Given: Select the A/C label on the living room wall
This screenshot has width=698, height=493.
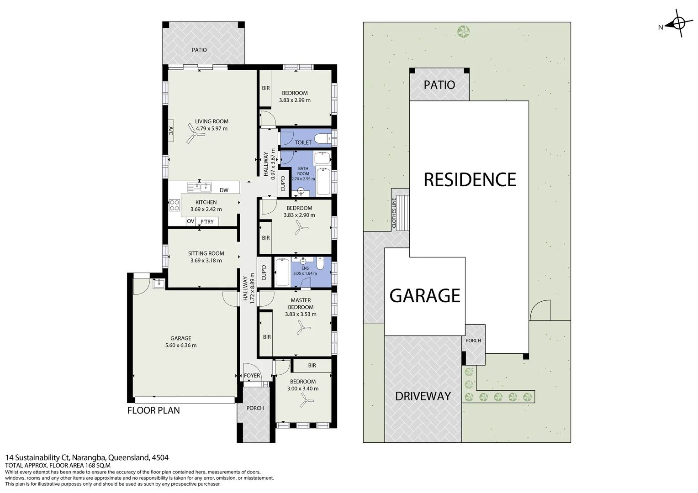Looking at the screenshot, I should coord(170,131).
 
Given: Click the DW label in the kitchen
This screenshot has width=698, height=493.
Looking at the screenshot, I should coord(224,190).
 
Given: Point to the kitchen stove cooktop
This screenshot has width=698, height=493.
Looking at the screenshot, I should coord(174,205).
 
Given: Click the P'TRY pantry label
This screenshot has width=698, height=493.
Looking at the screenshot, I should coord(207,222).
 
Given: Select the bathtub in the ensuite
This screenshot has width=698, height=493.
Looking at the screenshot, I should coord(281,273).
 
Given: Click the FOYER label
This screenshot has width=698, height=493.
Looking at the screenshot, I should coord(252,376).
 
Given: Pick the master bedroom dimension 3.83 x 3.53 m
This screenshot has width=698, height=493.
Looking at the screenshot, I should coord(301,314).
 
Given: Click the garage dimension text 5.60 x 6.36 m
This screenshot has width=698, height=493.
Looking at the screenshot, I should coord(181,346).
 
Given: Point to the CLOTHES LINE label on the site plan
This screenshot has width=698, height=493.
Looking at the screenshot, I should coord(394,213).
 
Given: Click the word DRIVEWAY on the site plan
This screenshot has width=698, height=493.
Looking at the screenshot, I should coord(423,396).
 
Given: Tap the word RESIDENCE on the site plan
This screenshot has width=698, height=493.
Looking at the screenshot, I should coord(470,180).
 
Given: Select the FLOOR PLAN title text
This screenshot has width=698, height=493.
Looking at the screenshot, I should coord(153,410).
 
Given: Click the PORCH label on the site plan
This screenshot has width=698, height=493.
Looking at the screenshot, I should coord(473,341).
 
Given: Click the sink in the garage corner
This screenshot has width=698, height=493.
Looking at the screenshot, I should coord(159,284).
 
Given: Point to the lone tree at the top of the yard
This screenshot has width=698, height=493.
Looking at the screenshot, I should coord(464,31).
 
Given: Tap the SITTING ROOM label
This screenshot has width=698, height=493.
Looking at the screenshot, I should coord(206,253).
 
